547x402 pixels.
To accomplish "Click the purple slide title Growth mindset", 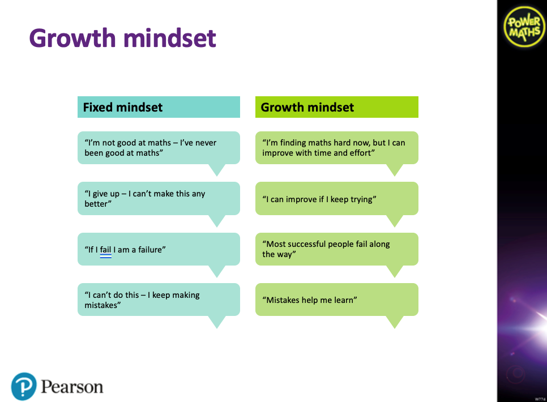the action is pyautogui.click(x=122, y=38).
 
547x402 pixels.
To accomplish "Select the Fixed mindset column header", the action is pyautogui.click(x=159, y=107).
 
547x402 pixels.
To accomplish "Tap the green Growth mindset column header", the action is pyautogui.click(x=337, y=107).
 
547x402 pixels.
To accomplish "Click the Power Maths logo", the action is pyautogui.click(x=524, y=27).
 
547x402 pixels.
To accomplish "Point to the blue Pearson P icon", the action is pyautogui.click(x=24, y=386).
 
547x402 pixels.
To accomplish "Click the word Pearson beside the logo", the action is pyautogui.click(x=72, y=387).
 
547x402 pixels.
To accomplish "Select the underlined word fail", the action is pyautogui.click(x=105, y=250).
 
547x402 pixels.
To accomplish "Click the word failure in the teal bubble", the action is pyautogui.click(x=151, y=250).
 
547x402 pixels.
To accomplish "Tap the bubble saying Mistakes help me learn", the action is pyautogui.click(x=337, y=300).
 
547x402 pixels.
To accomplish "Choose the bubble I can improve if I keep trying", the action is pyautogui.click(x=337, y=198).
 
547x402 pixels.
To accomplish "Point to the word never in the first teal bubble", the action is pyautogui.click(x=207, y=143).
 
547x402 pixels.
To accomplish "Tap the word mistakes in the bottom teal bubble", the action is pyautogui.click(x=101, y=305).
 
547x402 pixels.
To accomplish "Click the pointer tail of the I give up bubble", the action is pyautogui.click(x=217, y=221).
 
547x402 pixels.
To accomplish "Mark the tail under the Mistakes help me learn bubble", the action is pyautogui.click(x=395, y=322).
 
